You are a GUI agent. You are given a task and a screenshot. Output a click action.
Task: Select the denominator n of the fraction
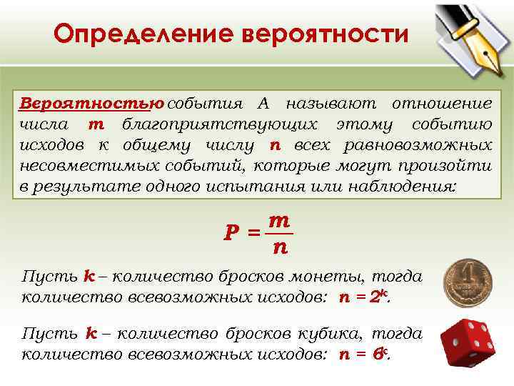(x=278, y=249)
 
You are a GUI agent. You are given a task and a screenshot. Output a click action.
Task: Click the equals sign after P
(x=252, y=233)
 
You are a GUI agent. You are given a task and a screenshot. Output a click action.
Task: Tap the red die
(x=467, y=342)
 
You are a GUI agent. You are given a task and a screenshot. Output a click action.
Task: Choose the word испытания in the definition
(x=280, y=187)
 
